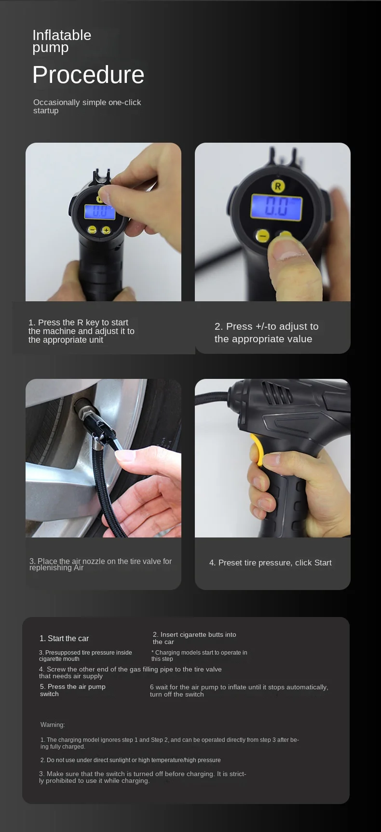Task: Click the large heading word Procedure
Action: pos(88,75)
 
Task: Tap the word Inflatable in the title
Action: pos(62,35)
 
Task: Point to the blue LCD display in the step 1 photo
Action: pos(100,211)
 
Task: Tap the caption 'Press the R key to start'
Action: pos(78,322)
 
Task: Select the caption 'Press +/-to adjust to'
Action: pos(266,326)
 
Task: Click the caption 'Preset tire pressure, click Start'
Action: pos(271,563)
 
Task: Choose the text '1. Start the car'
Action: pos(64,638)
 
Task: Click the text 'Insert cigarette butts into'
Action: pos(194,634)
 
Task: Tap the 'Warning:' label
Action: pos(53,725)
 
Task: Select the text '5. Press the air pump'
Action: pos(73,686)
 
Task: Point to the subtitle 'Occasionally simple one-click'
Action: pos(87,102)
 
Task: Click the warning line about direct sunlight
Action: pos(131,760)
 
